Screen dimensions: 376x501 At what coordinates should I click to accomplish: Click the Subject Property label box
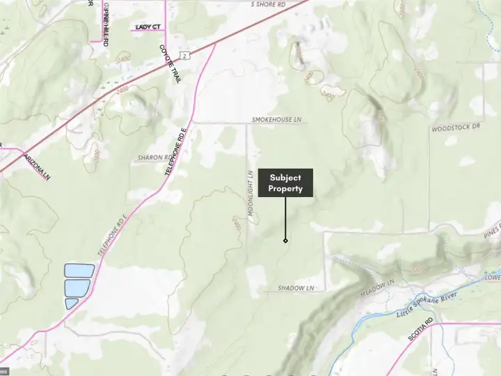point(285,183)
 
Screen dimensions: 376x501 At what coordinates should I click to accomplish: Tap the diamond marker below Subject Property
point(285,241)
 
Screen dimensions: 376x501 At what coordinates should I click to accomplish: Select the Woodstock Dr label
point(456,128)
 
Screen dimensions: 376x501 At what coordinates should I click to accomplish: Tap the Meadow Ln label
point(378,291)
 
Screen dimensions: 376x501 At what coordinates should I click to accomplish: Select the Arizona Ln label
point(37,167)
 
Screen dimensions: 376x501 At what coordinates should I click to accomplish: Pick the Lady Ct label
point(148,27)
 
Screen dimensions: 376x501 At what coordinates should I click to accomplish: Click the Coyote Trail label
point(170,64)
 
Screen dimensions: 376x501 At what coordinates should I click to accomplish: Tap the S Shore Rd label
point(269,4)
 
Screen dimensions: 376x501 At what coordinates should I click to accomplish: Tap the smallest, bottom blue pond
point(72,304)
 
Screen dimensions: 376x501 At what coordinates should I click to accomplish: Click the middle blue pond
point(77,287)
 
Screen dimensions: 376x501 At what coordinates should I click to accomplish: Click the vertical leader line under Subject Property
point(285,217)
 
